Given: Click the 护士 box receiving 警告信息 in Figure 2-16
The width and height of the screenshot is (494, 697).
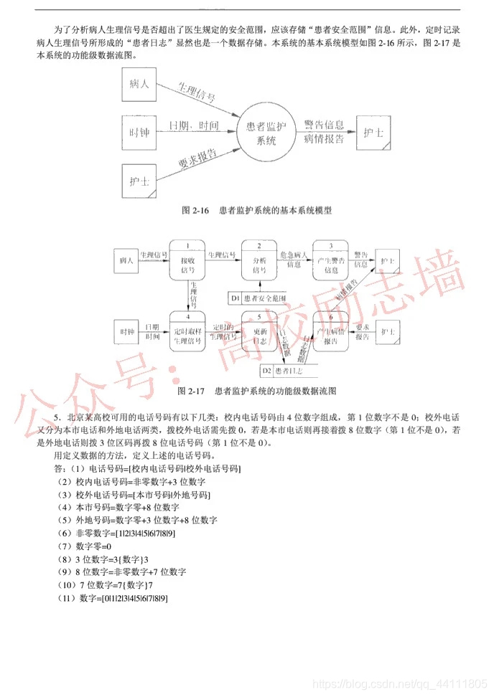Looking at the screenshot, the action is (x=373, y=133).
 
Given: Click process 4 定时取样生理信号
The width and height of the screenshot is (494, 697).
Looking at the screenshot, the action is (x=187, y=332).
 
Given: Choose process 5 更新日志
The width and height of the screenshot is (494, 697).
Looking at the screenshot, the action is (x=259, y=332).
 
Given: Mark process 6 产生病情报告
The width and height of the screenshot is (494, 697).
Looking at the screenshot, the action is (x=330, y=332).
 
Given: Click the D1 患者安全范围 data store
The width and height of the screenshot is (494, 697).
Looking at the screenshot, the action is (x=259, y=297).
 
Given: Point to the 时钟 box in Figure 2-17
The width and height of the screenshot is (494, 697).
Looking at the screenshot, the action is (x=128, y=332).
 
